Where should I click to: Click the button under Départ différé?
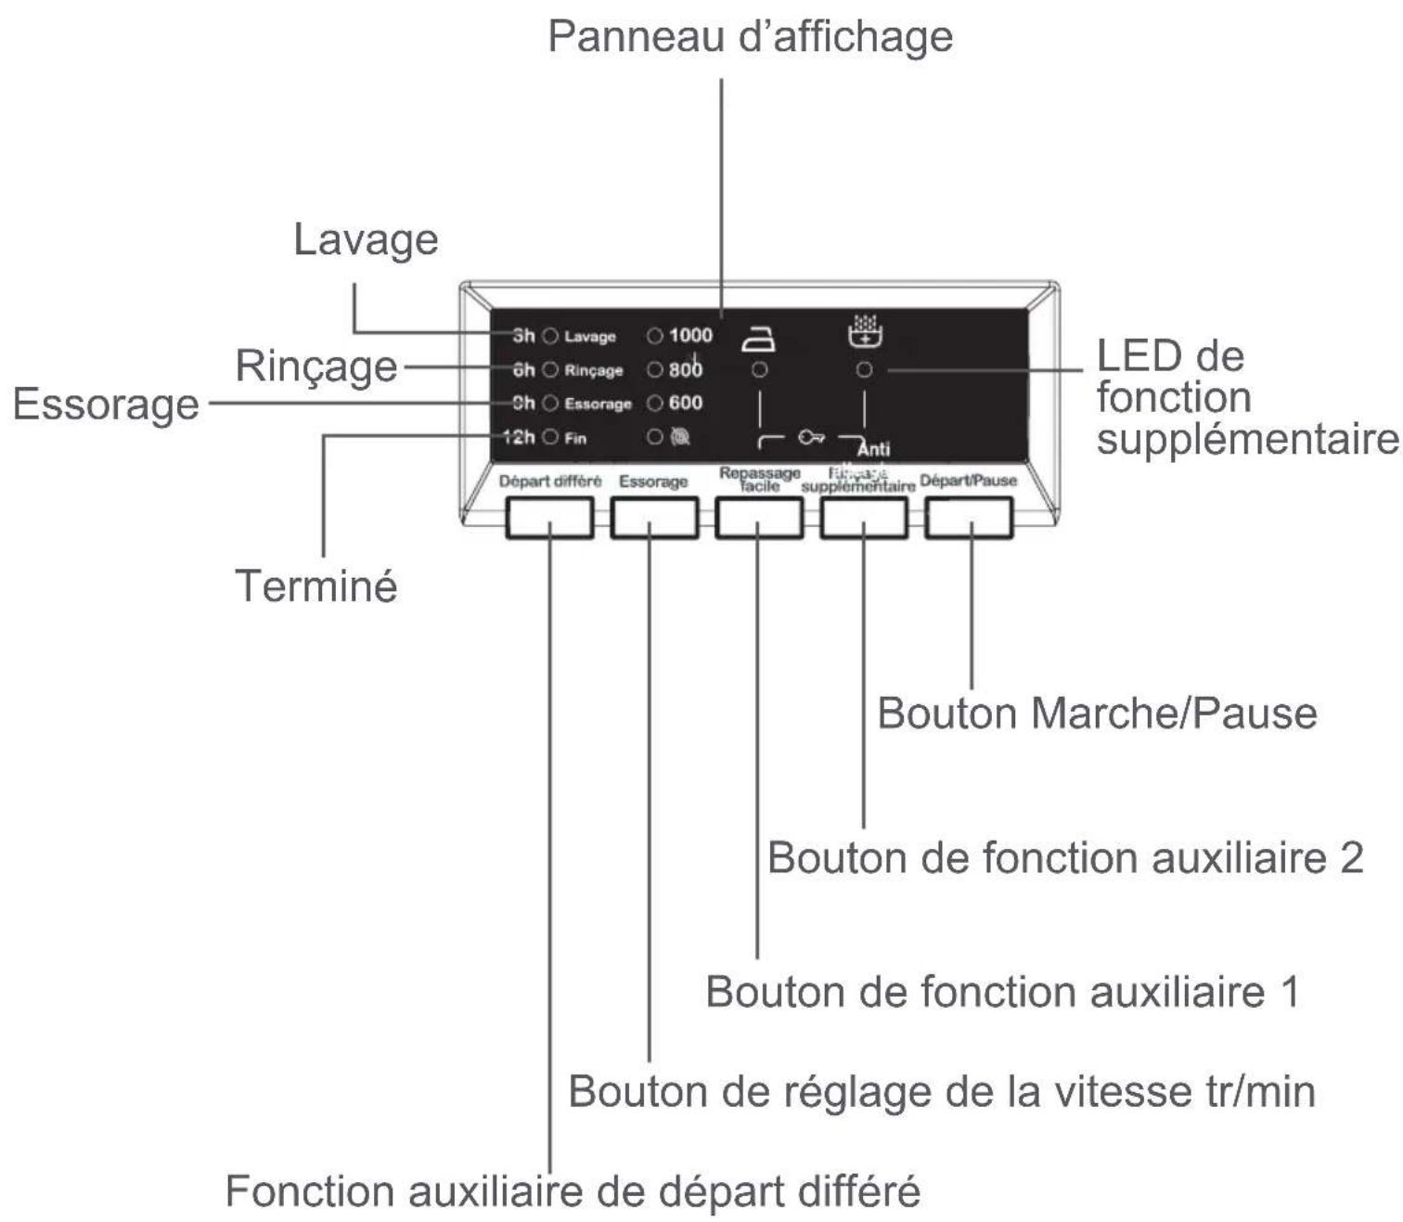(549, 518)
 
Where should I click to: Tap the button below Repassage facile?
(759, 518)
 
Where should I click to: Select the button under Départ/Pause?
(969, 518)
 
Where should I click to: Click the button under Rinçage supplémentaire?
(864, 518)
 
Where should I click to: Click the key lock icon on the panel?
(811, 437)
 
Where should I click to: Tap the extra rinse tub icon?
(865, 331)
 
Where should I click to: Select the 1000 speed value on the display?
(690, 336)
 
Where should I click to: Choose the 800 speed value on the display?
(686, 369)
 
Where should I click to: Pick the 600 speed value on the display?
(686, 403)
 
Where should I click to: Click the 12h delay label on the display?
(519, 437)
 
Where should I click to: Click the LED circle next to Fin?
(550, 437)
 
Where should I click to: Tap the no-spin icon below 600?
(680, 437)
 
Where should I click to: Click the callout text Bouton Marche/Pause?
(1097, 714)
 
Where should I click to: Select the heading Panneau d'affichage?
(750, 37)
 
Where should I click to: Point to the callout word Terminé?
(316, 586)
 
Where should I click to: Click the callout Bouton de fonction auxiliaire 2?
(1065, 858)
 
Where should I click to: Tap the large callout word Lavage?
(366, 239)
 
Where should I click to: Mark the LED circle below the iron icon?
(759, 370)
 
